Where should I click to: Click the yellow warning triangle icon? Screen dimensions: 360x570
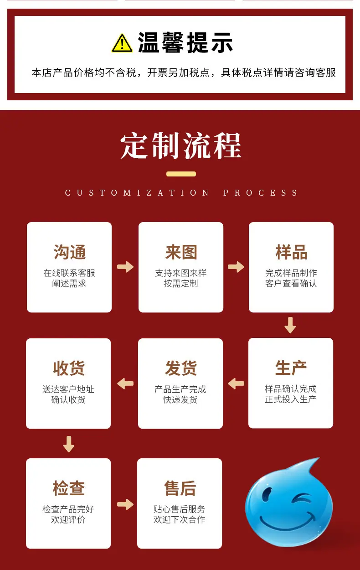tap(122, 43)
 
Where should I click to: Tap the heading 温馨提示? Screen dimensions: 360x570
tap(185, 43)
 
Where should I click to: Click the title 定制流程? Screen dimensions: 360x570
tap(180, 146)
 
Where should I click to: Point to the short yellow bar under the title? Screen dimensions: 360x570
tap(181, 174)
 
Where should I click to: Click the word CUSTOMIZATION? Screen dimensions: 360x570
tap(137, 193)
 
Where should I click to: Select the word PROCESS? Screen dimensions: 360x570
tap(261, 193)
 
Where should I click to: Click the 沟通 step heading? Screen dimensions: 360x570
tap(69, 252)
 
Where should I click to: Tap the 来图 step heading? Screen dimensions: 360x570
tap(181, 252)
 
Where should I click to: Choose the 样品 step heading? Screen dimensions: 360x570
tap(291, 252)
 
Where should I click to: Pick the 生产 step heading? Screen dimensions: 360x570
tap(291, 368)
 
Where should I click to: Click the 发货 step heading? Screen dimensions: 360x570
tap(181, 368)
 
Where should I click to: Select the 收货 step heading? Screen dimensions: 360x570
tap(69, 368)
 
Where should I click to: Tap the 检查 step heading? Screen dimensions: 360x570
tap(69, 488)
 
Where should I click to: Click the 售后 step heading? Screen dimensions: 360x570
tap(180, 488)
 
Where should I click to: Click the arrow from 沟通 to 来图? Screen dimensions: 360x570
tap(125, 267)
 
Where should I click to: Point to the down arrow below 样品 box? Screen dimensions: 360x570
tap(290, 325)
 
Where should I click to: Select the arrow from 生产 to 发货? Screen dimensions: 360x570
tap(236, 383)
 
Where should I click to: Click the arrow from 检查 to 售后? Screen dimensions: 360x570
tap(125, 504)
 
